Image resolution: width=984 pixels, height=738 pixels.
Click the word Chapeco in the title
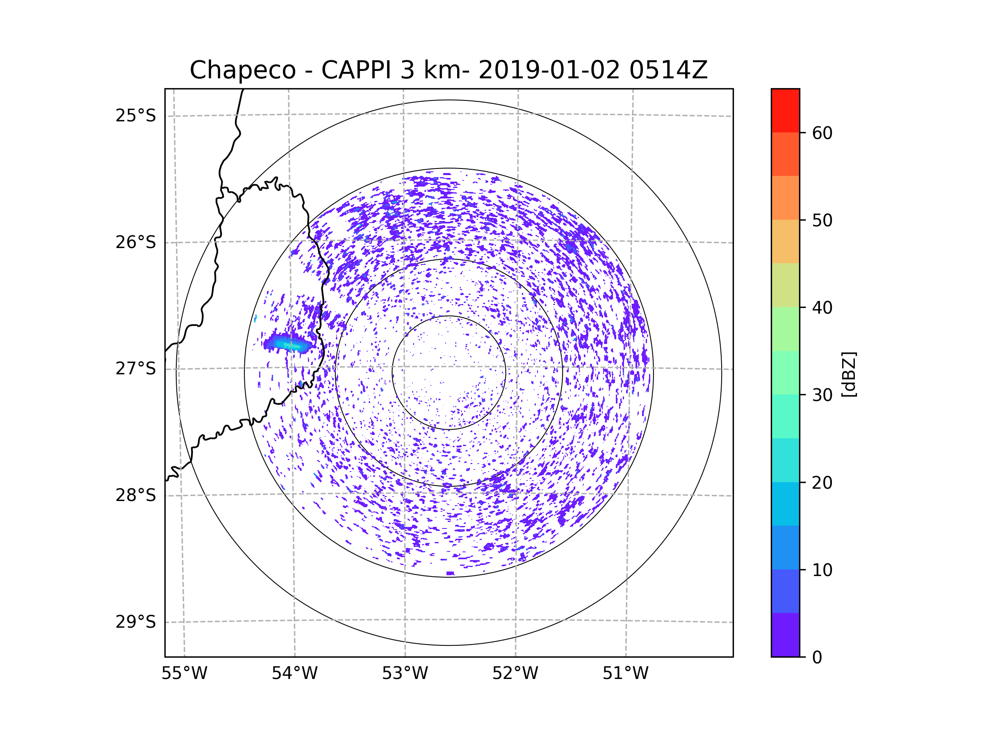click(242, 70)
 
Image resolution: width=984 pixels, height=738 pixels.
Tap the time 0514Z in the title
click(668, 70)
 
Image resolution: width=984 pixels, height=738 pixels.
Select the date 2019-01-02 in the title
click(549, 70)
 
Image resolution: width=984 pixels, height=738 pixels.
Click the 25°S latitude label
click(136, 116)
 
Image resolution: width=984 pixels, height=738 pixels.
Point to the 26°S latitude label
click(136, 242)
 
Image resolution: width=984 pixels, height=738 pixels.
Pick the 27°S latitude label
click(136, 369)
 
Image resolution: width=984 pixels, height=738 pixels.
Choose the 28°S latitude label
click(136, 495)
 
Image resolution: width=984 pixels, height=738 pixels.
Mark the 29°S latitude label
click(136, 622)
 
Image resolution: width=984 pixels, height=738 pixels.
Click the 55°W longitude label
click(184, 674)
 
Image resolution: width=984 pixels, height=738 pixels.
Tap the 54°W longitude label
click(294, 674)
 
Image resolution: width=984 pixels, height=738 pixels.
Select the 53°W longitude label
click(405, 674)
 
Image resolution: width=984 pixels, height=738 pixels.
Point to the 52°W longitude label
click(515, 674)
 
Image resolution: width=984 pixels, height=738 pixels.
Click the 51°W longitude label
click(625, 674)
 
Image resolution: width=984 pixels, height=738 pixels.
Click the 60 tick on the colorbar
click(822, 133)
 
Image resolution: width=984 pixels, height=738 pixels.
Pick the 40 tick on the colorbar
click(822, 307)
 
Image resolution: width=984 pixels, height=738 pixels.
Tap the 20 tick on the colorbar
click(822, 483)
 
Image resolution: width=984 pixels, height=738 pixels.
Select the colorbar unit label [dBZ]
click(849, 374)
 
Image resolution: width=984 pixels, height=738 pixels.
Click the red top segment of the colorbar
click(785, 110)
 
